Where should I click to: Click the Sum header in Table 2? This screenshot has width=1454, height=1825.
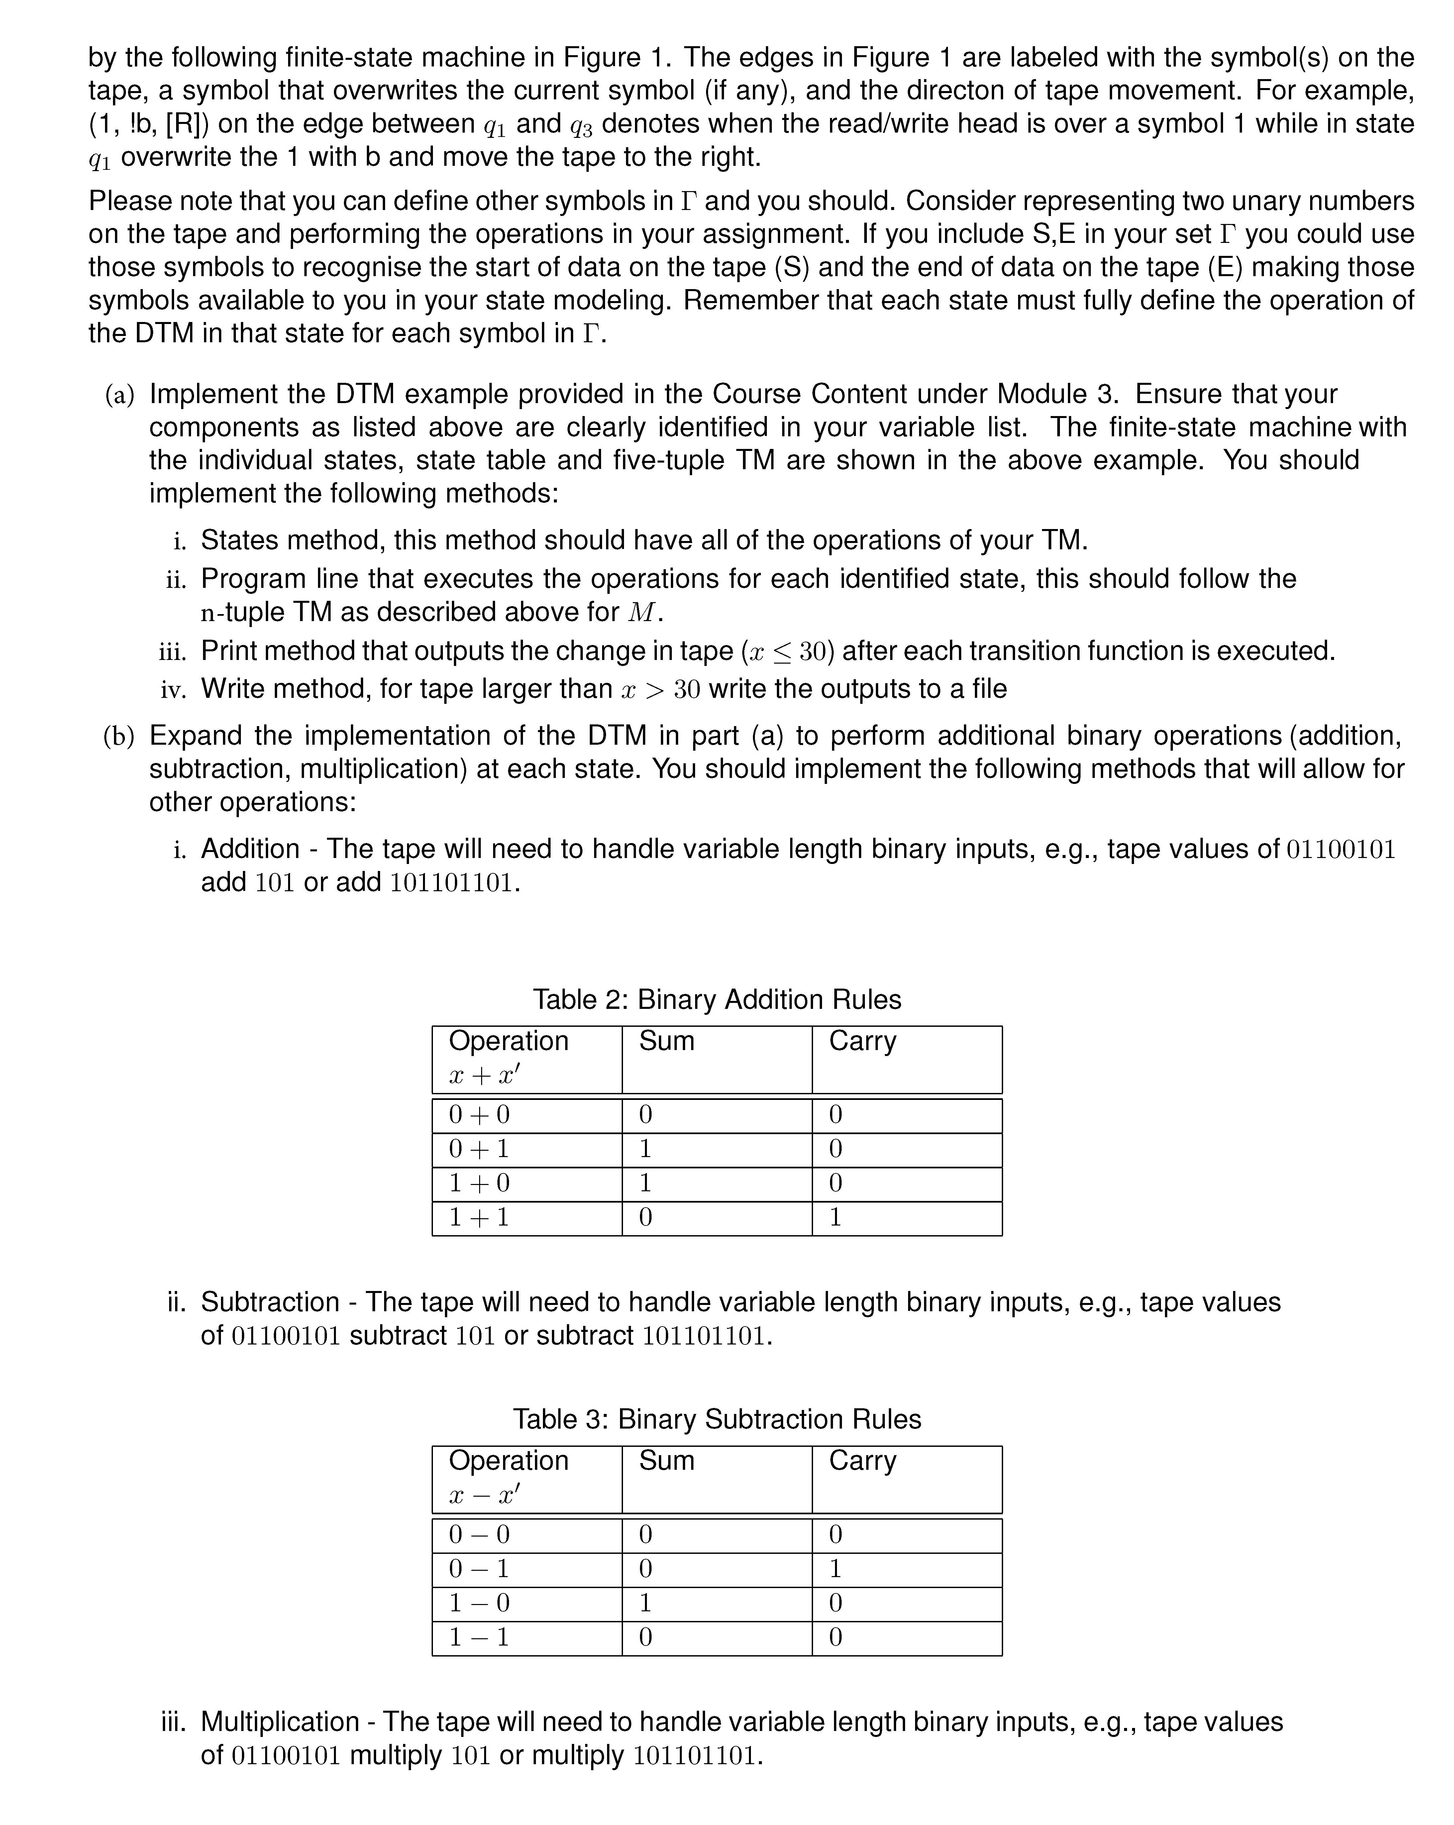pyautogui.click(x=667, y=1040)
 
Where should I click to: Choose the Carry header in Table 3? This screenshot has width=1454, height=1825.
pyautogui.click(x=863, y=1460)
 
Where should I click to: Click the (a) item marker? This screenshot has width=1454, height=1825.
pyautogui.click(x=119, y=394)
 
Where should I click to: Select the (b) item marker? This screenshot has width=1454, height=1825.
pyautogui.click(x=119, y=736)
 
